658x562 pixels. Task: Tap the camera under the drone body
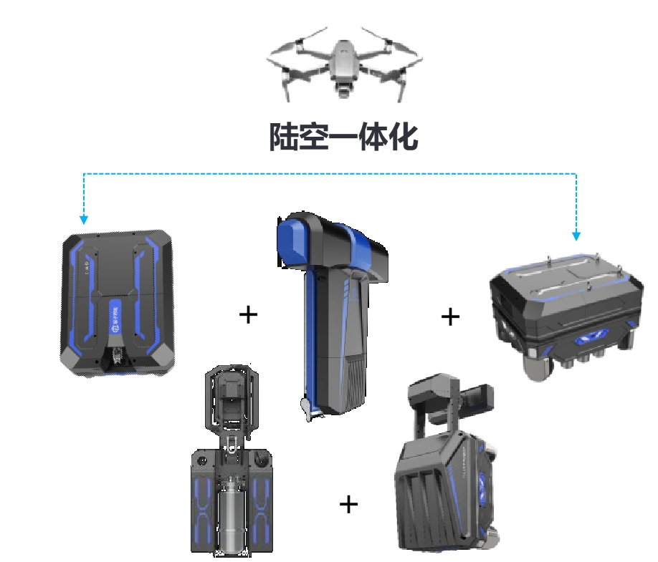(x=343, y=89)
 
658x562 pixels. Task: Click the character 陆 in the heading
(x=284, y=136)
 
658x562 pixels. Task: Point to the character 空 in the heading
(x=313, y=136)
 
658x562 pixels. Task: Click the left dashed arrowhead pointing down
(x=84, y=220)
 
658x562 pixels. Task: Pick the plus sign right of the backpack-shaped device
(x=248, y=314)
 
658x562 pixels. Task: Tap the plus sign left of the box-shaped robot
(x=450, y=317)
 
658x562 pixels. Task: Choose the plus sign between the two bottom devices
(x=349, y=504)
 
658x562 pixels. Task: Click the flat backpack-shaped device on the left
(x=118, y=303)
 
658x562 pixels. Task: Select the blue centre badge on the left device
(x=116, y=317)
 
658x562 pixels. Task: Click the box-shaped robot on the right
(x=566, y=314)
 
